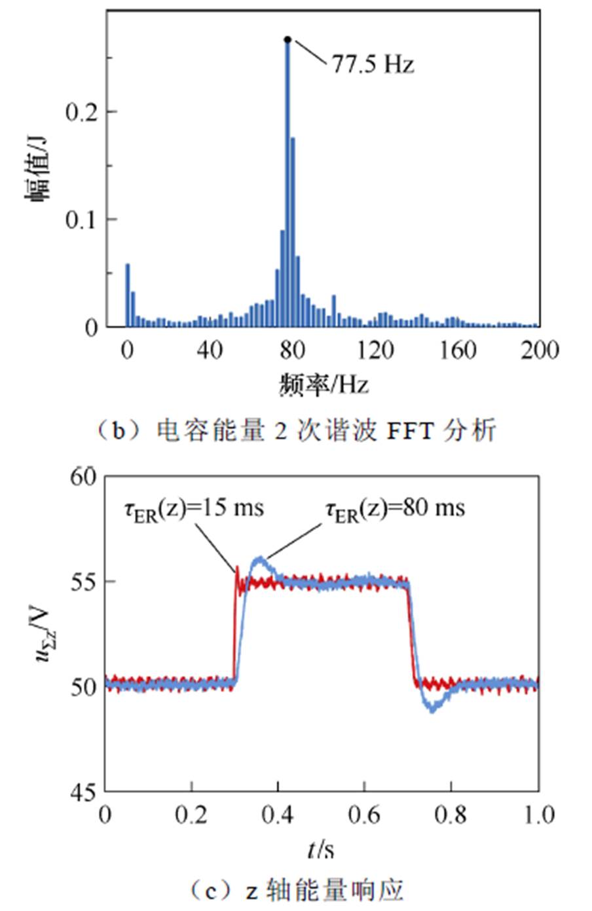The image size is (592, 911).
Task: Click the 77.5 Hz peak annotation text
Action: (373, 64)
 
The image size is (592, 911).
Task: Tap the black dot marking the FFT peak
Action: (287, 40)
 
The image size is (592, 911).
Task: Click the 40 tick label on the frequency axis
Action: (209, 350)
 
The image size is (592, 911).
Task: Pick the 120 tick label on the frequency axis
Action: (375, 350)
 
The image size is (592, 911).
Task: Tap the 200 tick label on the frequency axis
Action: (540, 350)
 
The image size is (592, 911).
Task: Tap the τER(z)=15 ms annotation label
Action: (194, 509)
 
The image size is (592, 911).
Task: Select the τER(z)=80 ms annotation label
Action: (395, 509)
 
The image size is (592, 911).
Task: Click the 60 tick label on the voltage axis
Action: (83, 477)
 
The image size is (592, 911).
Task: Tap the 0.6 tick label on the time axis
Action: (364, 815)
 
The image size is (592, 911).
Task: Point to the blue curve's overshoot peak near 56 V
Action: (259, 559)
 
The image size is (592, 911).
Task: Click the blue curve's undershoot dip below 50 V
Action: (432, 709)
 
